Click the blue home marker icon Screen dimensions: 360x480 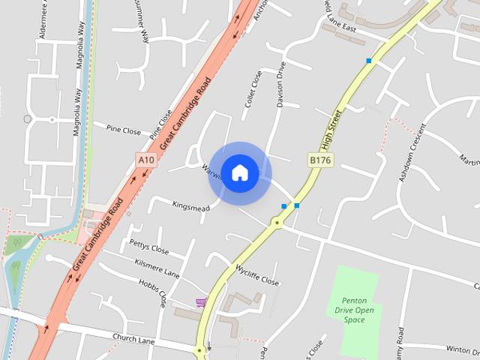239,172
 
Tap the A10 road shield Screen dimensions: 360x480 146,160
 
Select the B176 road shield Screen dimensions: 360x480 320,160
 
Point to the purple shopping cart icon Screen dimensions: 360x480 201,302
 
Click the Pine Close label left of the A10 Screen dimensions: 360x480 123,130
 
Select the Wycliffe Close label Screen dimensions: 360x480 257,275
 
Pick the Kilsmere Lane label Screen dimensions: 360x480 157,266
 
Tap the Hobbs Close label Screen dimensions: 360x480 153,292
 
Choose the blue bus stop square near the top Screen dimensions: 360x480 369,60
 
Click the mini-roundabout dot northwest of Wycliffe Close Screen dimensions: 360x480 277,223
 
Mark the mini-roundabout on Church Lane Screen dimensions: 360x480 199,349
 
